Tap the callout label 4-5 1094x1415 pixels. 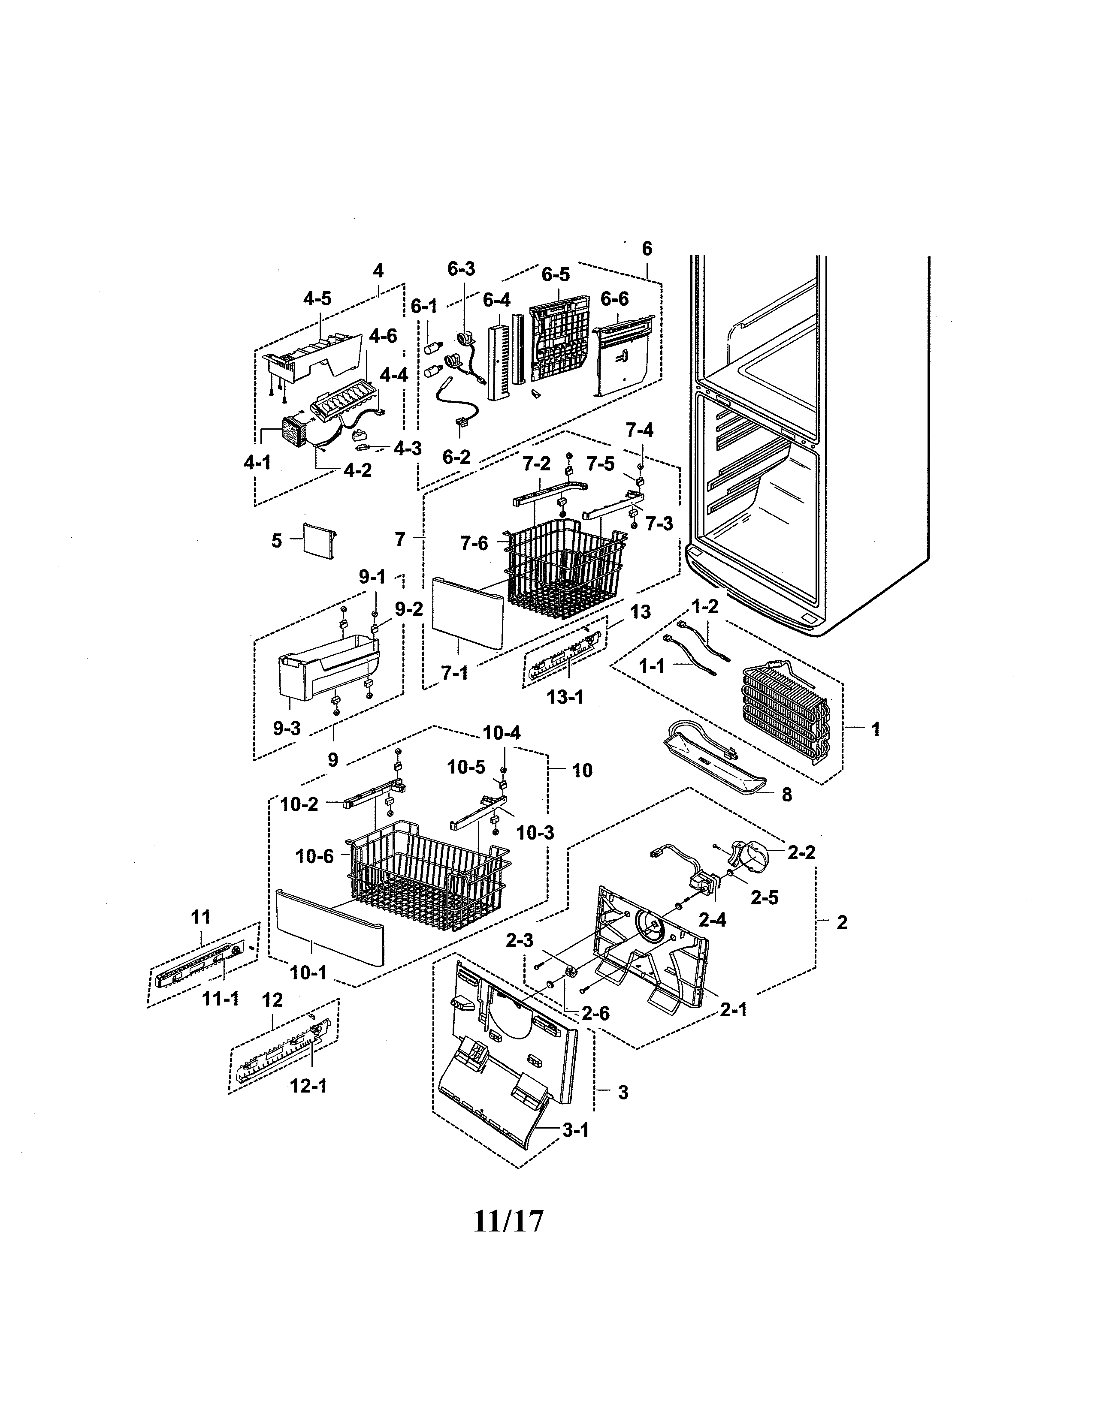(x=317, y=299)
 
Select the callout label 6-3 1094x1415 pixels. (x=461, y=269)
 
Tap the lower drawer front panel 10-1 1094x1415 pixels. (x=330, y=927)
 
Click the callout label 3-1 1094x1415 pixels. (x=575, y=1130)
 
